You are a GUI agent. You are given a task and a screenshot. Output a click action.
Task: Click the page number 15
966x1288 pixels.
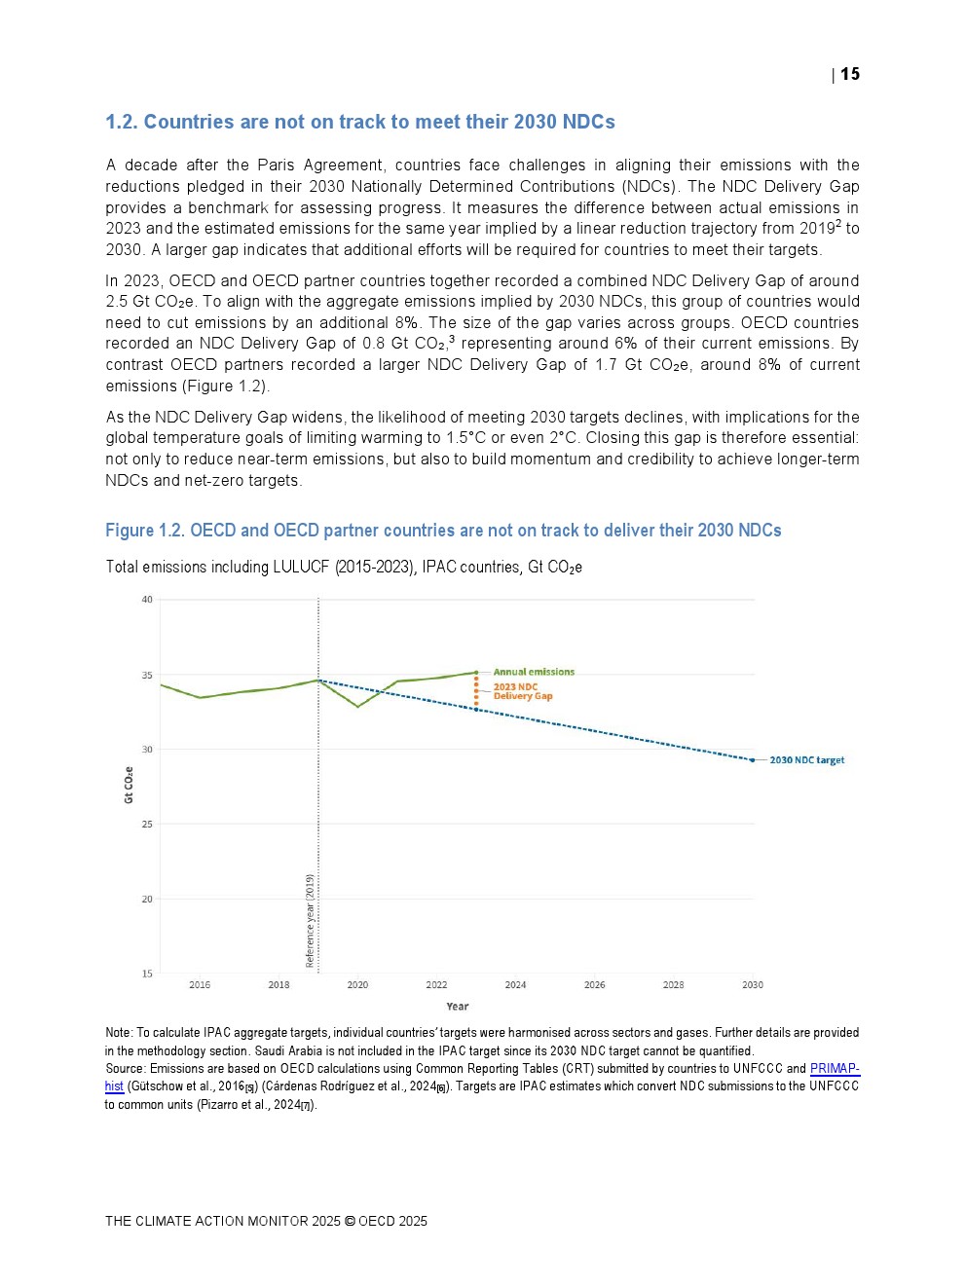tap(850, 74)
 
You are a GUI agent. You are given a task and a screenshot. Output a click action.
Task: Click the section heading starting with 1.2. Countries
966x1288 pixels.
tap(360, 122)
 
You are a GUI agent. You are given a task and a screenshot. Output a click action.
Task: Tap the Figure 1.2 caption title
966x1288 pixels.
tap(443, 531)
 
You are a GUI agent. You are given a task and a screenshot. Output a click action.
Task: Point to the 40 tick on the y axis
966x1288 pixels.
tap(147, 600)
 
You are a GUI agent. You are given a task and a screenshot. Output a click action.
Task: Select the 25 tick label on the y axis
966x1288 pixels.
tap(147, 825)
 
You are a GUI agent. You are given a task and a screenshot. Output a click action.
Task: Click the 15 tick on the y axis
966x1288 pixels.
tap(147, 974)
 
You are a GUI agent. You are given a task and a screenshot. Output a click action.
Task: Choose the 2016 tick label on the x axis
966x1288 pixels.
tap(200, 985)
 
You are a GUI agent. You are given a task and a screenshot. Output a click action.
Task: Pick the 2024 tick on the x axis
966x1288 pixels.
tap(515, 985)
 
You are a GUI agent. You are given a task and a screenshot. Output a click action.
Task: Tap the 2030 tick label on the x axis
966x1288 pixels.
tap(753, 985)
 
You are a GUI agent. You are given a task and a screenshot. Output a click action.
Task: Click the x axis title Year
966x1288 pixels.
tap(458, 1007)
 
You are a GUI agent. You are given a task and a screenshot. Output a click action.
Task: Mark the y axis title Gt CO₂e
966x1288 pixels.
tap(129, 785)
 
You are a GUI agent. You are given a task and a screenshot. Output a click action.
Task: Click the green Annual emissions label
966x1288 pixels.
tap(534, 672)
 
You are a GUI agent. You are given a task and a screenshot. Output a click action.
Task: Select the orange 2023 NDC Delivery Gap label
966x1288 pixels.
tap(522, 691)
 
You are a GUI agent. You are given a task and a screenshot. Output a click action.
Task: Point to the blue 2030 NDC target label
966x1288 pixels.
tap(806, 760)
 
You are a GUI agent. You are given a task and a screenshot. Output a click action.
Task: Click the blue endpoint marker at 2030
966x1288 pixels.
tap(752, 760)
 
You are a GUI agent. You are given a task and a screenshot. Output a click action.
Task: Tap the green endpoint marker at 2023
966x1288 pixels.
tap(476, 673)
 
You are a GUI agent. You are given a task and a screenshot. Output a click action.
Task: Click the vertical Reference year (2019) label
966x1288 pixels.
tap(310, 921)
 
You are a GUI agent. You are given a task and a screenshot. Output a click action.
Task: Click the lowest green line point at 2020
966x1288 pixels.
tap(358, 707)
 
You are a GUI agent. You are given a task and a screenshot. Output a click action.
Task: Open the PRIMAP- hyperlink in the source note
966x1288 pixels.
tap(835, 1069)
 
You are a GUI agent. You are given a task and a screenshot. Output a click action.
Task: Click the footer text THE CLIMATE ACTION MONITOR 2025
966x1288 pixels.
tap(223, 1221)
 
